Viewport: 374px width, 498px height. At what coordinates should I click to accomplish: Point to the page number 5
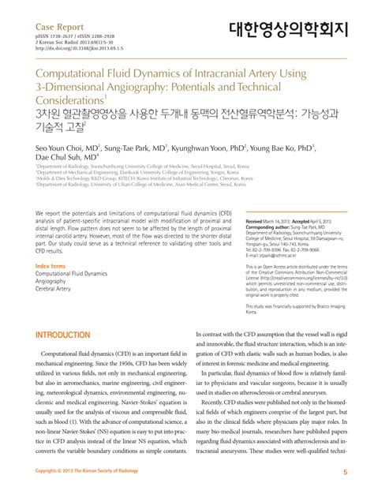345,472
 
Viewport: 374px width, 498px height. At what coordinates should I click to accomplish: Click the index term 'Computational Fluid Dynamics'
72,273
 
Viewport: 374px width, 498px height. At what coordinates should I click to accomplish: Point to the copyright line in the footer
88,472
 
